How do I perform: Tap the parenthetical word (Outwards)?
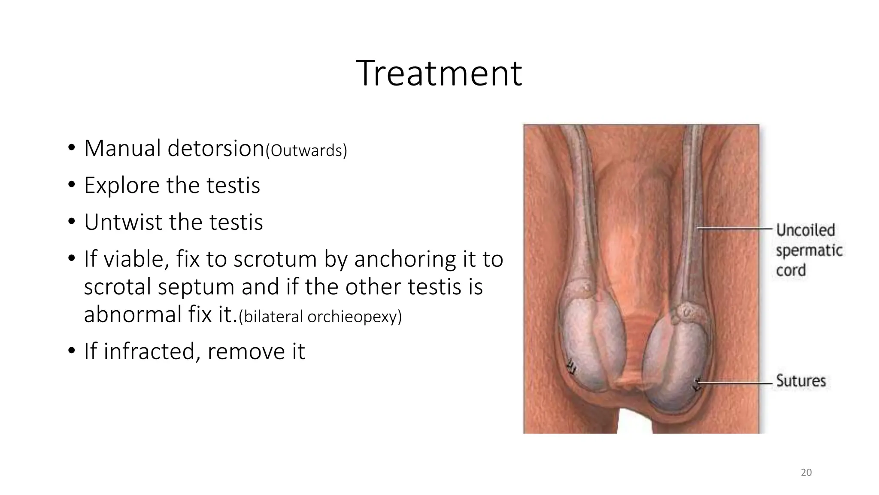pyautogui.click(x=306, y=151)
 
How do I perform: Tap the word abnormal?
pyautogui.click(x=133, y=315)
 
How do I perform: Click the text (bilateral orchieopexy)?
pyautogui.click(x=320, y=317)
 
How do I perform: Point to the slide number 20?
pyautogui.click(x=806, y=473)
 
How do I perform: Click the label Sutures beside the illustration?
pyautogui.click(x=800, y=381)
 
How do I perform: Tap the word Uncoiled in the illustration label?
pyautogui.click(x=805, y=230)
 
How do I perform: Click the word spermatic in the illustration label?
pyautogui.click(x=809, y=251)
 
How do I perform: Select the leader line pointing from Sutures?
pyautogui.click(x=736, y=382)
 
